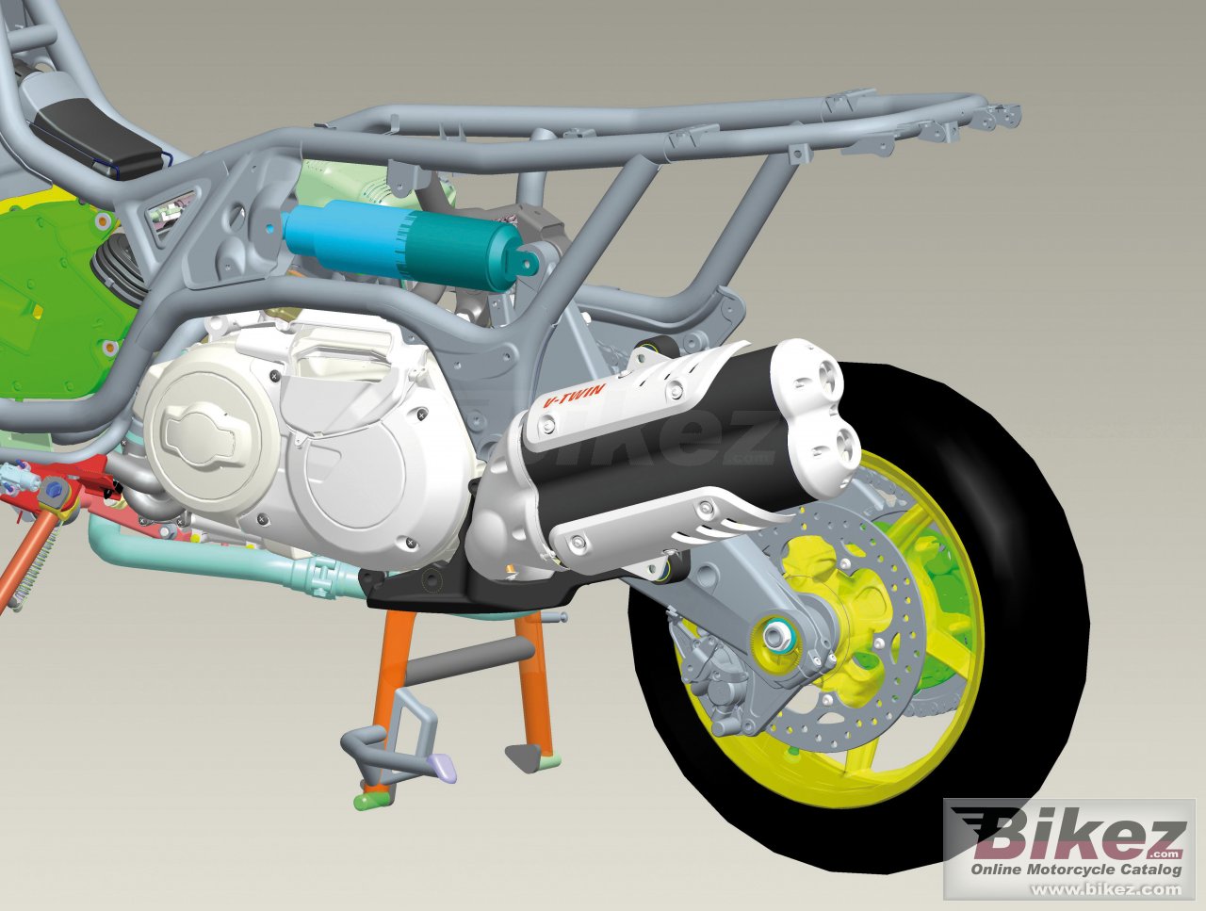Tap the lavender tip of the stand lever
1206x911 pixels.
(442, 766)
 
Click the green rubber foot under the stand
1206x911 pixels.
(370, 801)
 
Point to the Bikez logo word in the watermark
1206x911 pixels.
(1074, 837)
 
